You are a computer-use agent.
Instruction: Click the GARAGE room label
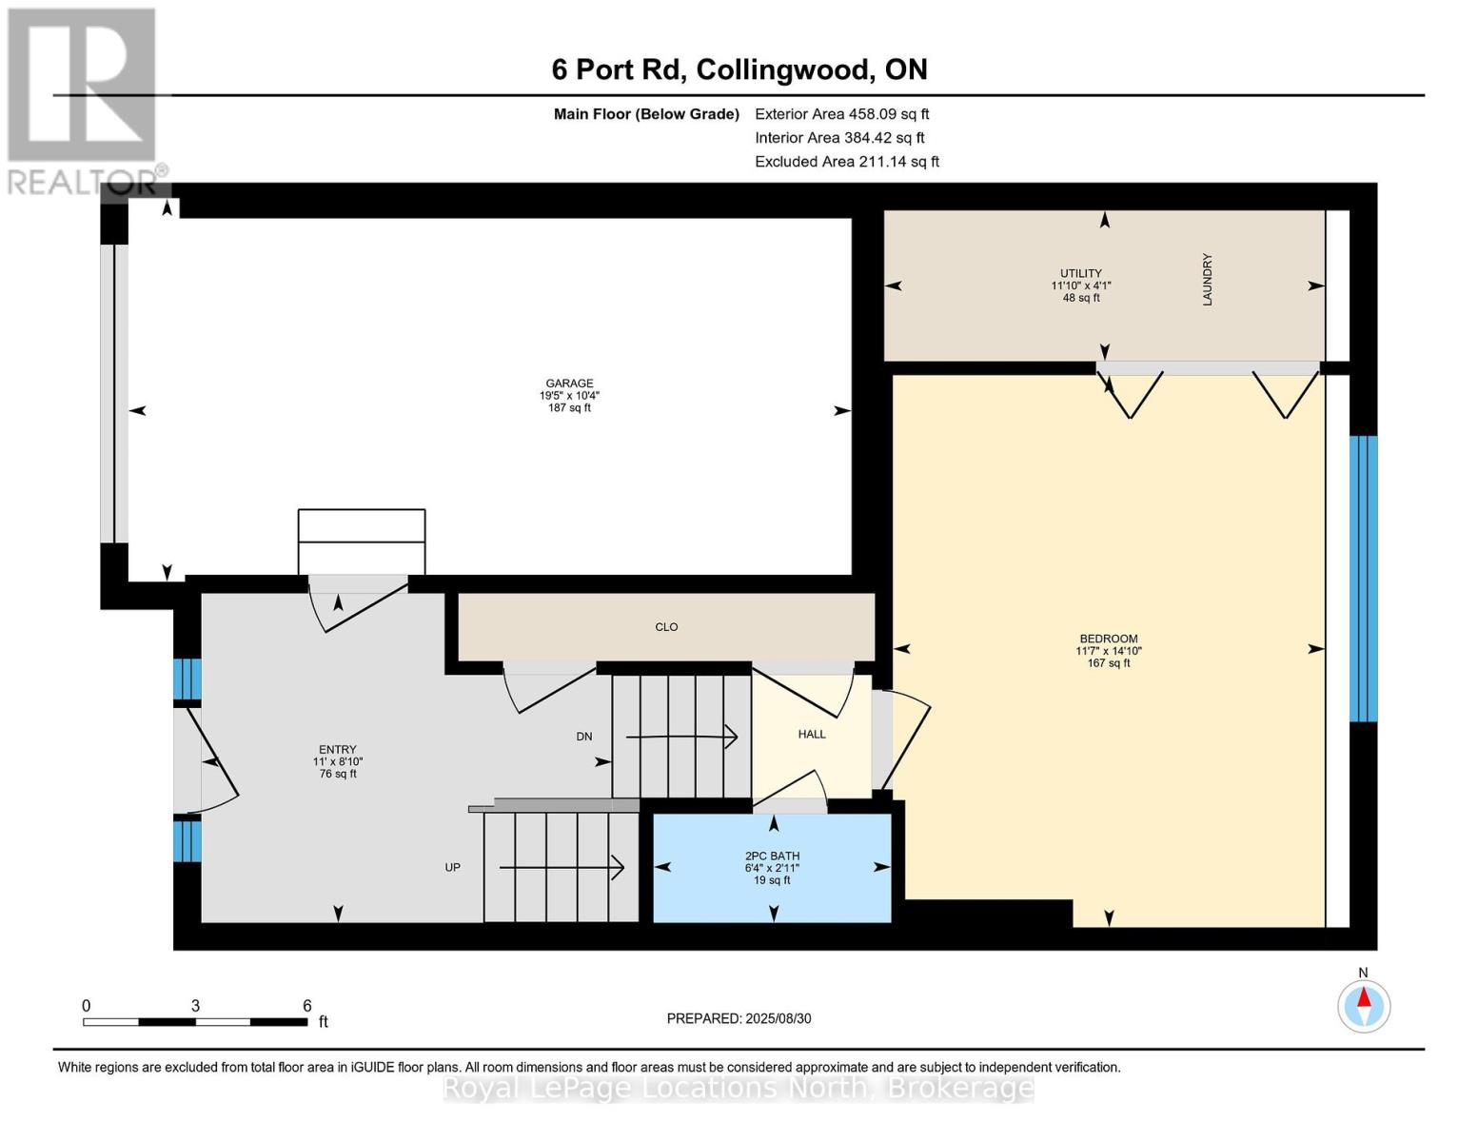pos(569,384)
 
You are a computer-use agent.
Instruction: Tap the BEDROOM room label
pos(1108,640)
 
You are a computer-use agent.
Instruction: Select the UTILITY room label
pos(1081,274)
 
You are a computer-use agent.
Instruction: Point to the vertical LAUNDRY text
pos(1208,279)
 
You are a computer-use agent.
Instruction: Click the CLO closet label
pos(666,627)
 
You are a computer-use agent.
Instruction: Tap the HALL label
pos(812,735)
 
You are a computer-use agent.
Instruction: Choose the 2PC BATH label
pos(772,856)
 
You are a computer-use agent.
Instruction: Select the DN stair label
pos(584,737)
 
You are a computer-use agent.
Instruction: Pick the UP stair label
pos(453,868)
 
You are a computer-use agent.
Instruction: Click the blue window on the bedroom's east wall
pos(1363,579)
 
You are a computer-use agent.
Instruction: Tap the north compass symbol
pos(1364,1005)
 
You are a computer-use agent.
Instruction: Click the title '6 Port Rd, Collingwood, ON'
pos(739,70)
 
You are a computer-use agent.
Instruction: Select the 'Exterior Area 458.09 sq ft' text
pos(841,114)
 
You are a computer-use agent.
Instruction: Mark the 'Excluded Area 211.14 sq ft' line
pos(847,162)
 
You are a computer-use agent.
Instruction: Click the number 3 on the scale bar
pos(195,1006)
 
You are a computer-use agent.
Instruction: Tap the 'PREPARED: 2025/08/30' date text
pos(739,1018)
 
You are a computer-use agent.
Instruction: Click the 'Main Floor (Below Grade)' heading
pos(646,114)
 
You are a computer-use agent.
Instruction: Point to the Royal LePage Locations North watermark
pos(739,1087)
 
